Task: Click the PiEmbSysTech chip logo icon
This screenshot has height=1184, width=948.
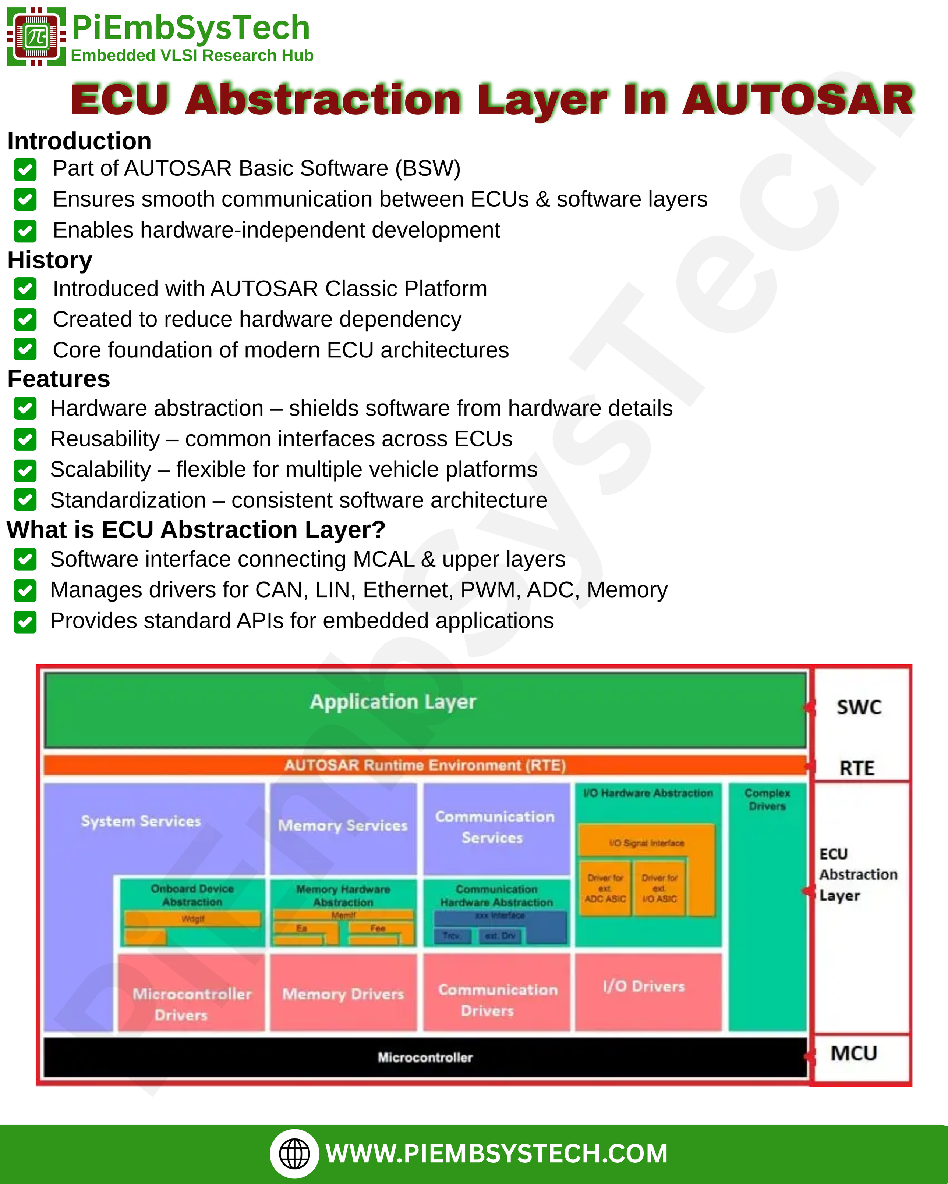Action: (x=36, y=36)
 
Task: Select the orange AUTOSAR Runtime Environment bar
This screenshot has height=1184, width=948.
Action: (x=425, y=765)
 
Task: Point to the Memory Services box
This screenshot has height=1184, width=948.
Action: (x=343, y=827)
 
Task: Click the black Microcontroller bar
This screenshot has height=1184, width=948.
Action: (x=425, y=1057)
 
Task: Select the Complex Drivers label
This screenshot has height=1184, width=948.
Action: (x=767, y=800)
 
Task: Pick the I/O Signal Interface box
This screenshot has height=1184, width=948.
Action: (x=646, y=842)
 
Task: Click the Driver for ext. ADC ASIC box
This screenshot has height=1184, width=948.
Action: (x=605, y=888)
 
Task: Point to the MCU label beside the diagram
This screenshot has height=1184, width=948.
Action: (x=853, y=1053)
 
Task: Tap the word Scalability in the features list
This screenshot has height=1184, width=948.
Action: (x=100, y=470)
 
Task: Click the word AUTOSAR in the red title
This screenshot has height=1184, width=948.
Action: (x=798, y=100)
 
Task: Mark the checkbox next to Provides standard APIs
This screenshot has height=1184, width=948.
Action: (x=25, y=622)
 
